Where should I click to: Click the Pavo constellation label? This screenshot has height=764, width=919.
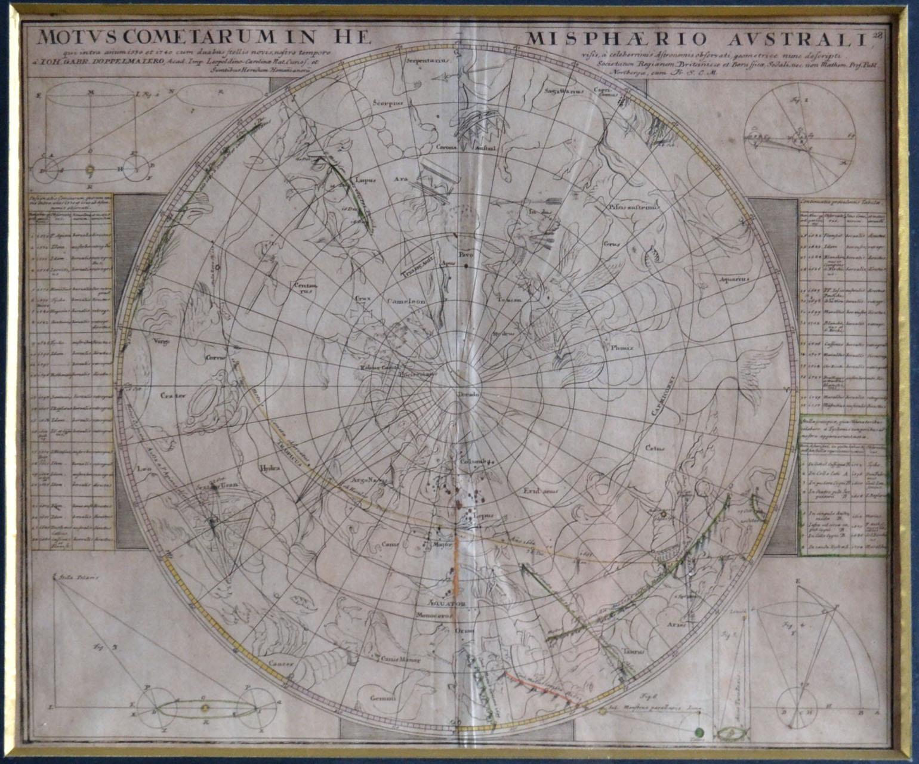(465, 255)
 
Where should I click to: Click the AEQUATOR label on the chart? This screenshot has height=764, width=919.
(458, 604)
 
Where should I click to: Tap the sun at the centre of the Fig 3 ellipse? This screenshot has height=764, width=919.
(205, 708)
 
